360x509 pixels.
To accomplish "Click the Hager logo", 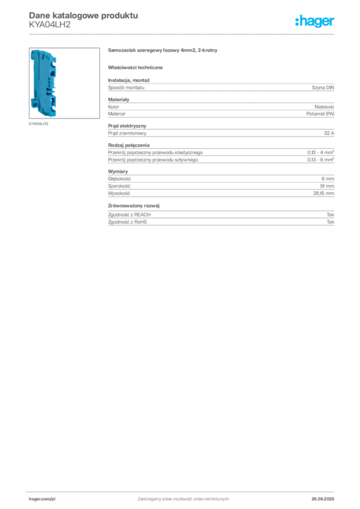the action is [315, 21].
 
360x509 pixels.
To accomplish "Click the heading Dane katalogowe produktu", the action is [84, 15].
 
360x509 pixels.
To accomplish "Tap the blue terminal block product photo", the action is [43, 83].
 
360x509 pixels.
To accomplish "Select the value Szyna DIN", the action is [323, 87].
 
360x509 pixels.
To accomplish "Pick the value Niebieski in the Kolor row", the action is [324, 107].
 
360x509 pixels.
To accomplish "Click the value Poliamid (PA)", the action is [320, 114].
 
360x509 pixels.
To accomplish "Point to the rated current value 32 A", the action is [329, 133].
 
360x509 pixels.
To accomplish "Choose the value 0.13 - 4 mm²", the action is [320, 152].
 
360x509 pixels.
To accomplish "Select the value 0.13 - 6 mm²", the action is [320, 160].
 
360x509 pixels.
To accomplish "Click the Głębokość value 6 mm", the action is [328, 179].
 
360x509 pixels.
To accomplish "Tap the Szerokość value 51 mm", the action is [327, 186].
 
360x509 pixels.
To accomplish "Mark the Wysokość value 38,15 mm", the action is [323, 193].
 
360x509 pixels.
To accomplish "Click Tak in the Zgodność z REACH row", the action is [331, 215].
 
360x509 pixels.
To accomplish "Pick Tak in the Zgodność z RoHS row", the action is [331, 222].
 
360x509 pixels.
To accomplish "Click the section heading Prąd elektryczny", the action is [127, 126].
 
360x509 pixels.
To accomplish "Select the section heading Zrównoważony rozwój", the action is [134, 206].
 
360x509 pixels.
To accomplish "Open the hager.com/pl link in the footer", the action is [42, 499].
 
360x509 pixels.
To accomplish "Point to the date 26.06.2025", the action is [323, 499].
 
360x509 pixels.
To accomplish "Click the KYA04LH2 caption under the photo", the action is [39, 124].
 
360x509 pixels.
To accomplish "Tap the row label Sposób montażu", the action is [126, 87].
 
